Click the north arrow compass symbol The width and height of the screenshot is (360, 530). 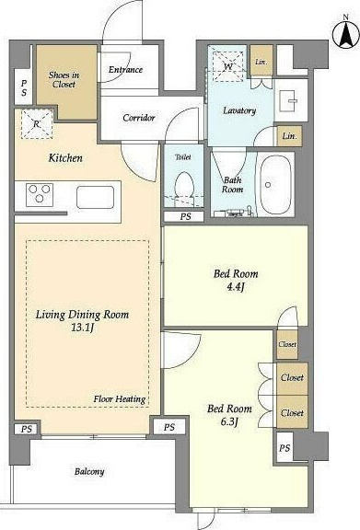point(346,34)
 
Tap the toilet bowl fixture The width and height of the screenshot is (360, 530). point(184,189)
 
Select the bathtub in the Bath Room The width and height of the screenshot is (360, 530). point(274,184)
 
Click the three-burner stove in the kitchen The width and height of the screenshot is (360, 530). point(40,195)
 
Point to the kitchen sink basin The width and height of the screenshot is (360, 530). point(95,197)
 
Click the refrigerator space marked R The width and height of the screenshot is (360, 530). point(37,123)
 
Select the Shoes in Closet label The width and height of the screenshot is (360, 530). point(64,79)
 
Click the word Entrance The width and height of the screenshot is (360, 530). point(125,70)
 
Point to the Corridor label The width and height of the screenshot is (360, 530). point(139,118)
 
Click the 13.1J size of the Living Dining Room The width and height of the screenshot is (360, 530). point(82,328)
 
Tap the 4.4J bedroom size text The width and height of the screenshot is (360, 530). point(236,287)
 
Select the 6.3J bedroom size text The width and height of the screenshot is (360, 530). point(229,421)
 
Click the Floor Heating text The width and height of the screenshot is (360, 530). point(120,398)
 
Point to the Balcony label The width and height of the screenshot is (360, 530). point(89,471)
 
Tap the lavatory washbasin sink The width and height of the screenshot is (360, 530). point(287,101)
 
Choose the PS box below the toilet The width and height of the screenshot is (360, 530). point(184,216)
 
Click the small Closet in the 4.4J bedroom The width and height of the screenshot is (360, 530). point(287,344)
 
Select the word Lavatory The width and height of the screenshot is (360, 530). point(239,110)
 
